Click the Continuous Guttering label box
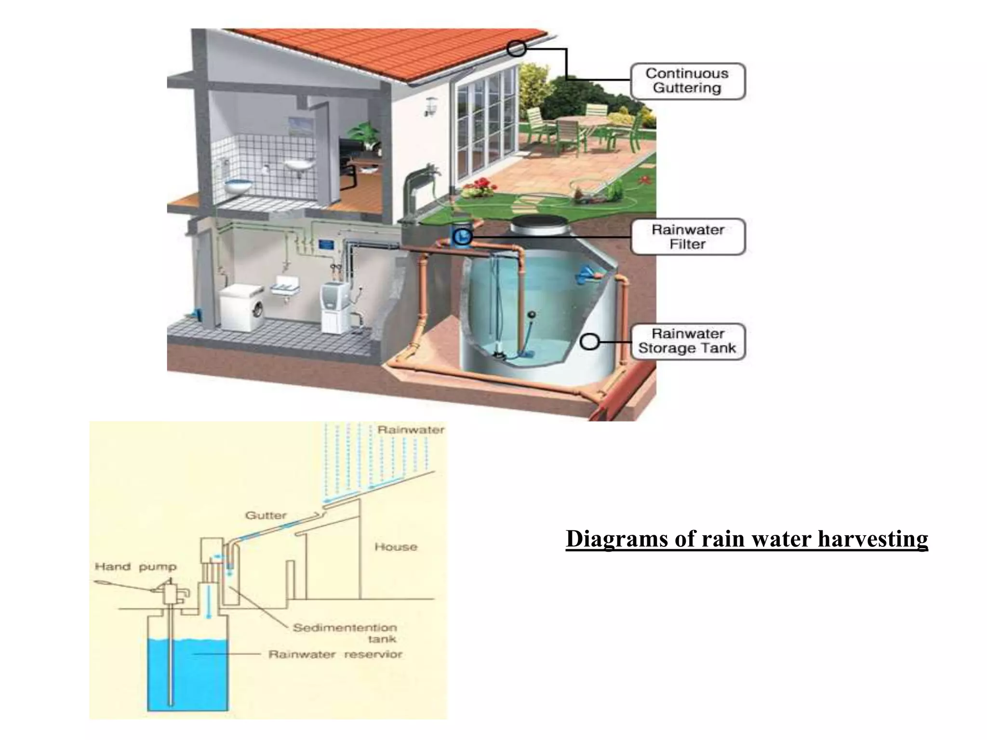click(688, 81)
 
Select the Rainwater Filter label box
click(688, 237)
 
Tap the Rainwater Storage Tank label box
click(688, 341)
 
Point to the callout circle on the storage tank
click(589, 342)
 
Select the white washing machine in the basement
click(242, 306)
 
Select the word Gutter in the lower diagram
click(266, 515)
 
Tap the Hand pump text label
click(135, 567)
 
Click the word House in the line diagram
click(396, 547)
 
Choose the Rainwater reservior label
click(335, 654)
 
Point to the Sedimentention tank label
click(345, 633)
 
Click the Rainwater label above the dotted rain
click(411, 430)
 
